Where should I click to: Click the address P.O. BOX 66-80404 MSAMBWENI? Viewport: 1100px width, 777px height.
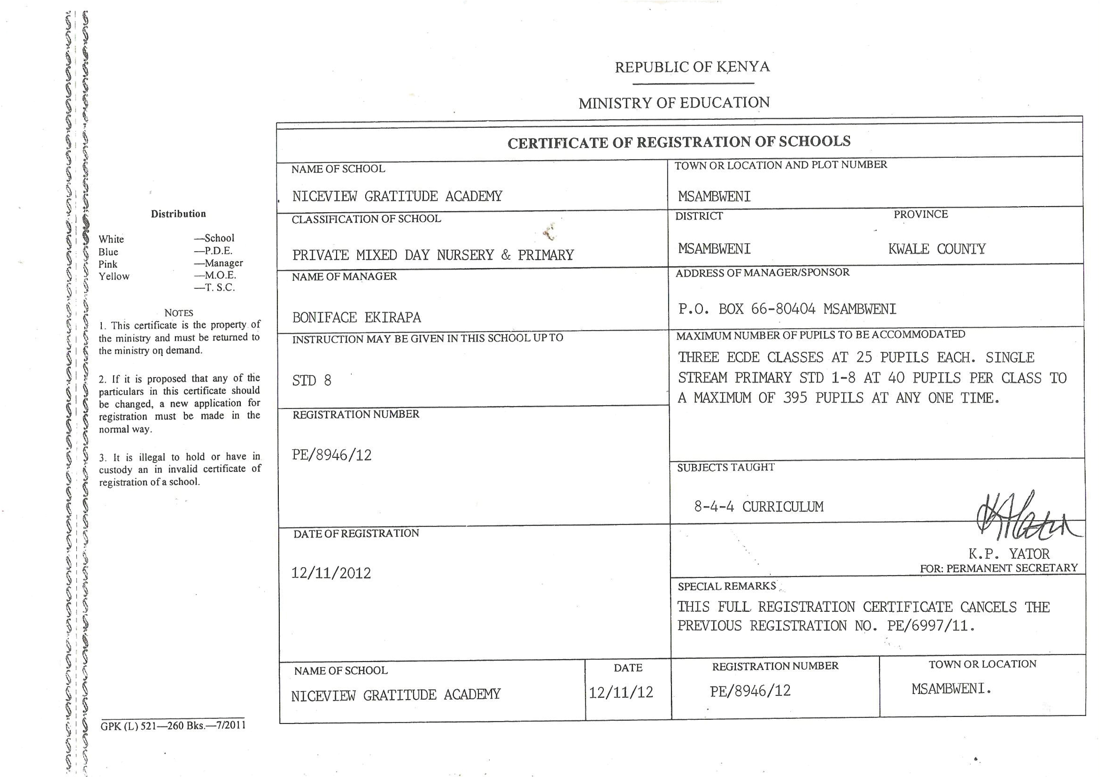787,309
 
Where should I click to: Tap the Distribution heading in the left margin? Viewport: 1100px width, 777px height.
178,214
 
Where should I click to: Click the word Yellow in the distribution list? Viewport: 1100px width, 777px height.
114,276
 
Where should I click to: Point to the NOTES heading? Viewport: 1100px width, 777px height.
179,313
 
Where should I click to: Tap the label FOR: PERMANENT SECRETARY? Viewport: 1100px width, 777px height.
998,568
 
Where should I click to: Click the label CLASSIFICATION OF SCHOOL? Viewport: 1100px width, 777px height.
366,219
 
